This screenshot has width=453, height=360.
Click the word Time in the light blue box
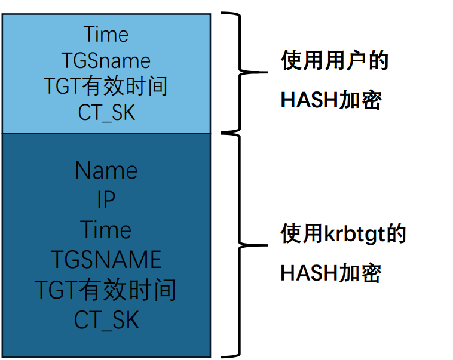pos(106,34)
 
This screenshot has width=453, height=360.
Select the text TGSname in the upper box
pos(106,60)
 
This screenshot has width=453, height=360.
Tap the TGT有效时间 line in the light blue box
pos(106,87)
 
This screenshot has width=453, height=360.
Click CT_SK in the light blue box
pos(106,113)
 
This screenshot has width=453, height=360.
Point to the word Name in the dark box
pos(106,171)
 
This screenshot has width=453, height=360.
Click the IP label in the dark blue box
pos(106,201)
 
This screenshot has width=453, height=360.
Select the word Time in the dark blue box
pos(106,230)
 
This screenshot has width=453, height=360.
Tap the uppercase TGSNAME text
pos(106,260)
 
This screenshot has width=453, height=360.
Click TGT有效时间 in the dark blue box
pos(106,290)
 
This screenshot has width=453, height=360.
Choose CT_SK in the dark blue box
pos(106,320)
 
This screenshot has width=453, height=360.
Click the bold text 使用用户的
pos(334,61)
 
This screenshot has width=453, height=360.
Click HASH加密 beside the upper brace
pos(330,100)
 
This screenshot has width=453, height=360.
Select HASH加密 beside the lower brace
pos(330,273)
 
